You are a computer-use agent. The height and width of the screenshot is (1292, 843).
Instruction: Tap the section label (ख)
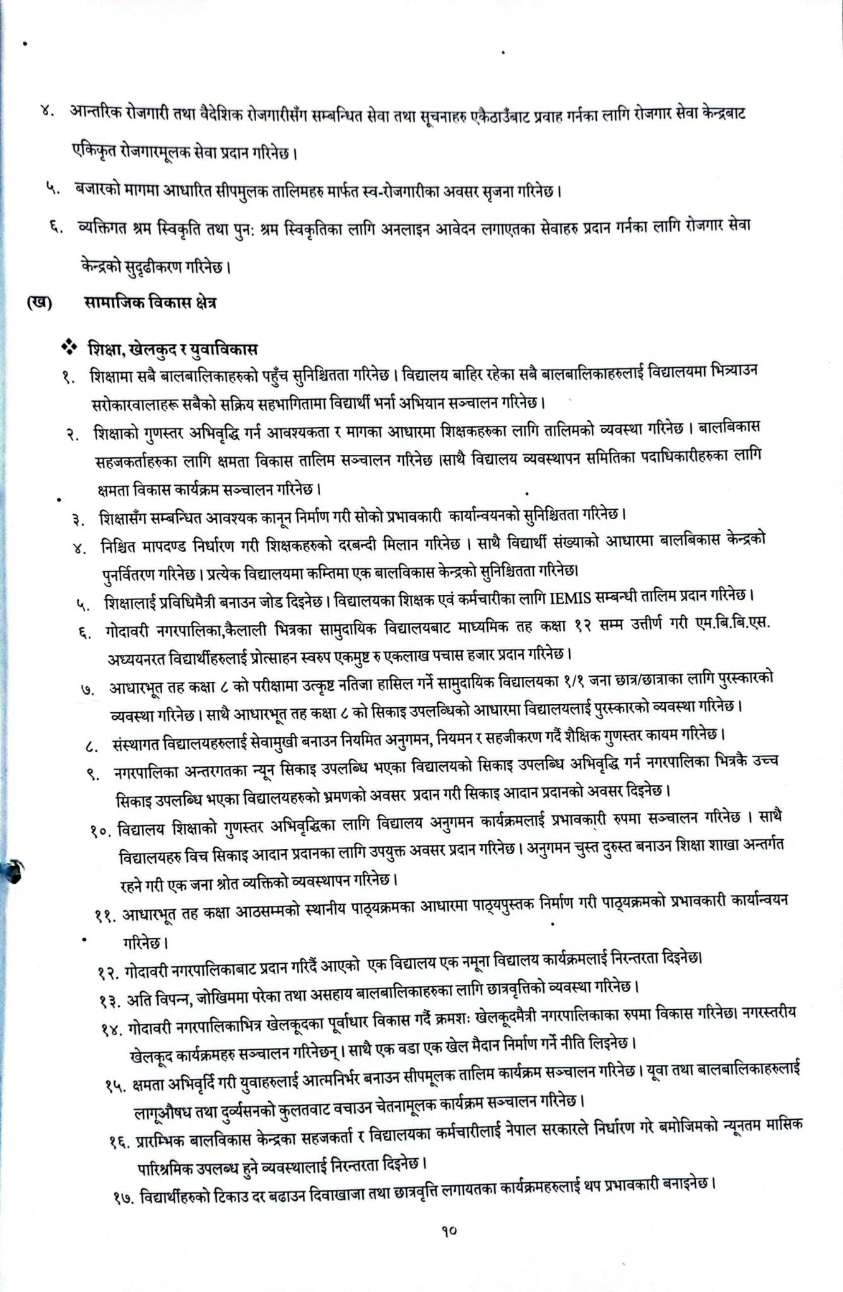click(39, 303)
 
